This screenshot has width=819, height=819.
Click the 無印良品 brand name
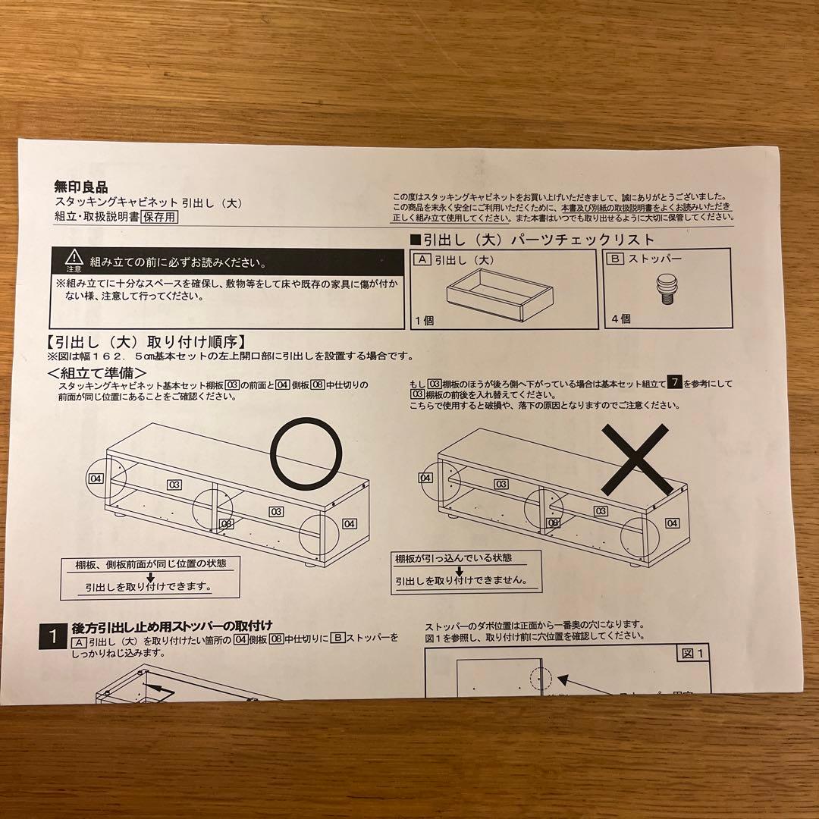pos(81,186)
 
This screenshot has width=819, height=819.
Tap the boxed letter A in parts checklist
pos(422,259)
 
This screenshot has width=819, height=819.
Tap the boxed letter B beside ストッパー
pos(616,259)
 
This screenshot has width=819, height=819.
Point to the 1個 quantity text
pos(424,320)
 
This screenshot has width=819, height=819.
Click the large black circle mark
pos(306,453)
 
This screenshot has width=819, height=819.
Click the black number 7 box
pos(673,384)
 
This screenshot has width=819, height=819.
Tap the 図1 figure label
pos(692,653)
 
